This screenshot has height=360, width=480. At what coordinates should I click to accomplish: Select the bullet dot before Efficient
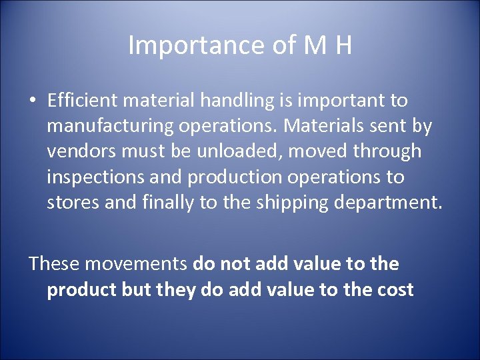click(32, 101)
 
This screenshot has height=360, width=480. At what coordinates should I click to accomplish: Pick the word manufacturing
click(115, 126)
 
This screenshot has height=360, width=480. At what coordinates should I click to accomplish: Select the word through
click(387, 151)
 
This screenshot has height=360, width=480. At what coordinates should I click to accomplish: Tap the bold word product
click(81, 290)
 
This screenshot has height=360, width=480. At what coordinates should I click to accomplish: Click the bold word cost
click(395, 290)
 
